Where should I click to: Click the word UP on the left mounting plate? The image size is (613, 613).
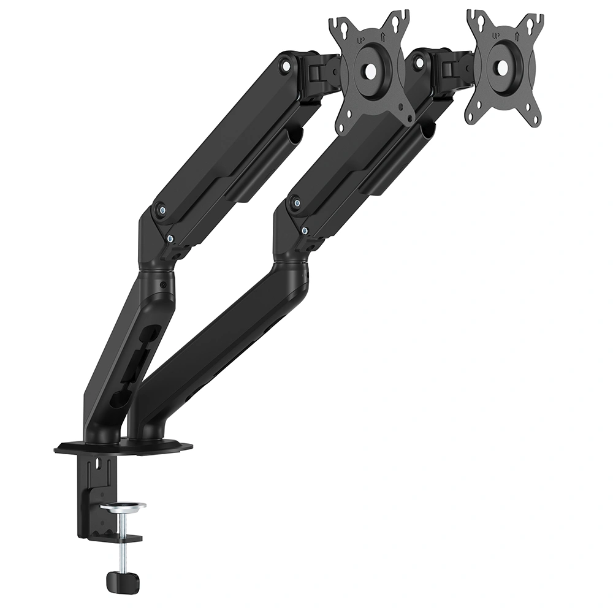point(360,40)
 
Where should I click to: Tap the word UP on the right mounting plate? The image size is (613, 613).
point(496,36)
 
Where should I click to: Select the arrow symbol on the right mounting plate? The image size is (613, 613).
point(517,36)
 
